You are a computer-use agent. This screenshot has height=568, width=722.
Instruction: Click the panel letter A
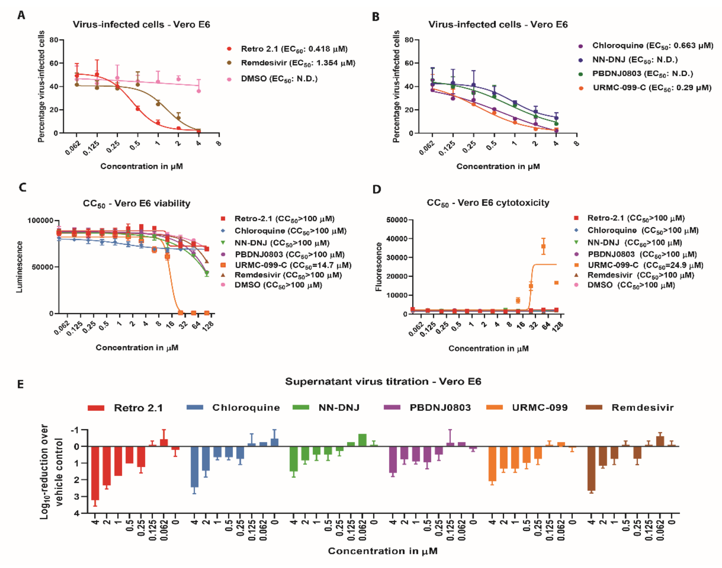coord(21,15)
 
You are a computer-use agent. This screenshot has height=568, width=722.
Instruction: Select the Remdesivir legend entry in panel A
coord(298,63)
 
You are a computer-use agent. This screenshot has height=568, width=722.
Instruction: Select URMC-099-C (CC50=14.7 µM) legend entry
coord(293,265)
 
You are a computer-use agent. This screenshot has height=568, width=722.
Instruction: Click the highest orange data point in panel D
coord(543,246)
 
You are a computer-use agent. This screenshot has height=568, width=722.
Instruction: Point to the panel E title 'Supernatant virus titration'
coord(383,381)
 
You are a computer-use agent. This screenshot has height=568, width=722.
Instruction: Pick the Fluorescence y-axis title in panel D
coord(378,267)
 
